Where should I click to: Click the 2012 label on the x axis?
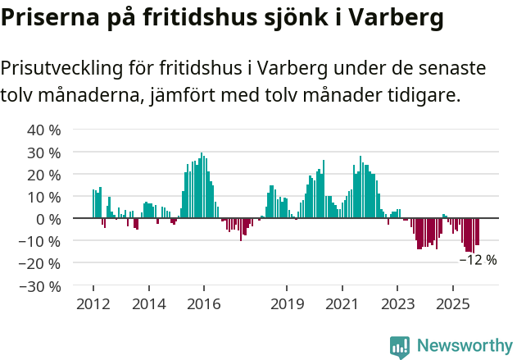point(93,304)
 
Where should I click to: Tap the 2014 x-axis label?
point(148,304)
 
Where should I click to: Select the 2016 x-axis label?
point(203,304)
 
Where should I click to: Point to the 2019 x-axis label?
point(286,304)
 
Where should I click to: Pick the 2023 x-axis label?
point(397,304)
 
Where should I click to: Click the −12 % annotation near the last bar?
point(478,260)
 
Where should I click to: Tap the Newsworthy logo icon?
point(400,347)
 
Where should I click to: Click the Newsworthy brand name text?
point(464,347)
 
